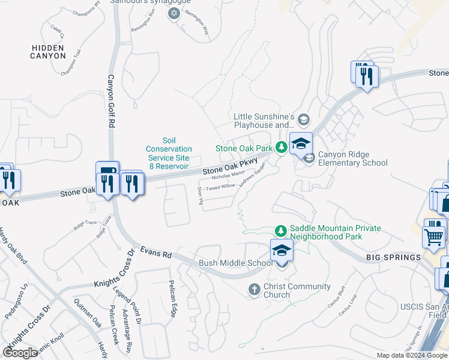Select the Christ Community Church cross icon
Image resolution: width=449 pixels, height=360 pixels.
254,290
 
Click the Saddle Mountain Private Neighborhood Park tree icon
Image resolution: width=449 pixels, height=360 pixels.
280,230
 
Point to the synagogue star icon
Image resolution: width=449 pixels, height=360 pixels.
175,13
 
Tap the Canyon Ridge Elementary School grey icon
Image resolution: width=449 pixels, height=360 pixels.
309,158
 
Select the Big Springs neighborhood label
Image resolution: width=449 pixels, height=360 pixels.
393,257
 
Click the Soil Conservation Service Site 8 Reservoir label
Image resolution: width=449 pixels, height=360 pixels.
169,153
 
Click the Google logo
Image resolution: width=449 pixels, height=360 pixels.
21,353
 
